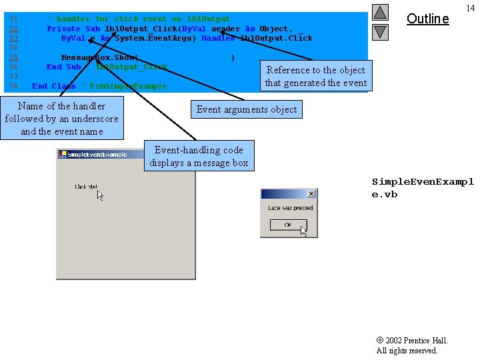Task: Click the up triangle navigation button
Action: point(380,12)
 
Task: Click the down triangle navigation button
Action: point(380,31)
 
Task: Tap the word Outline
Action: point(427,19)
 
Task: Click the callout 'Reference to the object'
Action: point(316,76)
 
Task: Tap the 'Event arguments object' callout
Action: point(247,109)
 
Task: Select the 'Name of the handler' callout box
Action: point(61,118)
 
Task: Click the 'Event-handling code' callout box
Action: point(199,156)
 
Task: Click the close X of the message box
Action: point(311,194)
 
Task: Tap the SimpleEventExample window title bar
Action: point(100,154)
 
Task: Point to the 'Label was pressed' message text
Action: point(290,208)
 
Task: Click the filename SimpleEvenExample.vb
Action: point(422,188)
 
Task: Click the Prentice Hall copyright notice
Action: point(411,345)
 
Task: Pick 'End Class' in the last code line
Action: point(53,86)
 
